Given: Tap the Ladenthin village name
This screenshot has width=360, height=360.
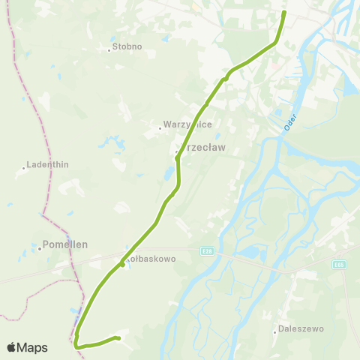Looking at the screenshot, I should tap(48, 164).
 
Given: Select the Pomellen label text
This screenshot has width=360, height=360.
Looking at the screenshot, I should tap(66, 244).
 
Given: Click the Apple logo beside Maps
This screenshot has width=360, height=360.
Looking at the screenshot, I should tap(12, 347).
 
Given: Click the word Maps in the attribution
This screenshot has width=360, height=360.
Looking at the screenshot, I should tap(33, 347).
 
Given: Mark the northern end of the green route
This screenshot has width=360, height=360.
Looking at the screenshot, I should tap(284, 13).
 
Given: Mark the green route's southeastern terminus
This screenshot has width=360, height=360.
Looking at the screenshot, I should tap(118, 338).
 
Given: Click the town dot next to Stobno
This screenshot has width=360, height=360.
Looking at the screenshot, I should tap(109, 51).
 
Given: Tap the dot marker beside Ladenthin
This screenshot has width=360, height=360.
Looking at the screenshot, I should tap(24, 168).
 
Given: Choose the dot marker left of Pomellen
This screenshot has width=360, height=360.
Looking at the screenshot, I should tap(39, 248).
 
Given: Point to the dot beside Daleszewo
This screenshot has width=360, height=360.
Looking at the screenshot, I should tap(275, 332).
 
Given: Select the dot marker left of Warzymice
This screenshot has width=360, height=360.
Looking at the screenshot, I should tap(160, 129).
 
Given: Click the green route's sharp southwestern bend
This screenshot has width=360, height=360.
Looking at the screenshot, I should tap(76, 343).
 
